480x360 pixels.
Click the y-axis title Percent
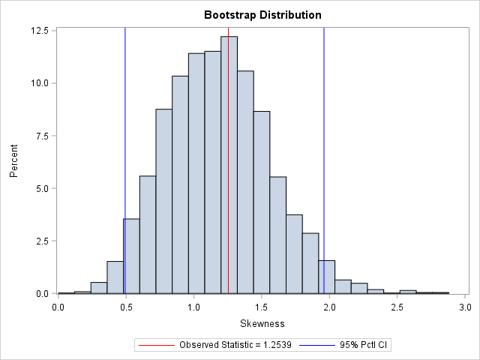tap(14, 161)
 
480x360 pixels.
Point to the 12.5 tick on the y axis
tap(40, 31)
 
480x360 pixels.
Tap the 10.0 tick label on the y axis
tap(40, 83)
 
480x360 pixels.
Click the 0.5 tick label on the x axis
tap(126, 306)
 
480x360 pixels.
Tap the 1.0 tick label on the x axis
tap(194, 306)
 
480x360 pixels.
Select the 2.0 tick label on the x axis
tap(330, 306)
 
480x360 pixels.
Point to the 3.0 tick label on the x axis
tap(466, 306)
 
